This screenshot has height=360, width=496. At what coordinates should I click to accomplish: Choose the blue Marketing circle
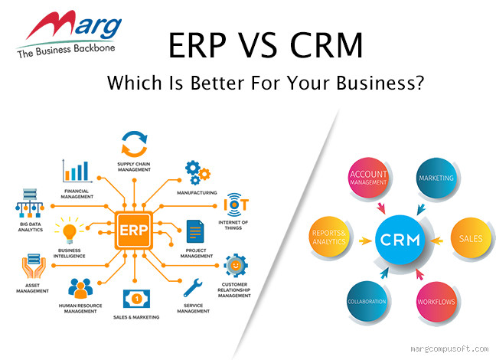[x=436, y=178]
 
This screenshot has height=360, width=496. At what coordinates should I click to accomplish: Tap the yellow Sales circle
[x=468, y=238]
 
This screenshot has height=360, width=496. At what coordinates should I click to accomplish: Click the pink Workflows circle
[x=436, y=301]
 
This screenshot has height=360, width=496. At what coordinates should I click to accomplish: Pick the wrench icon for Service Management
[x=193, y=289]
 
